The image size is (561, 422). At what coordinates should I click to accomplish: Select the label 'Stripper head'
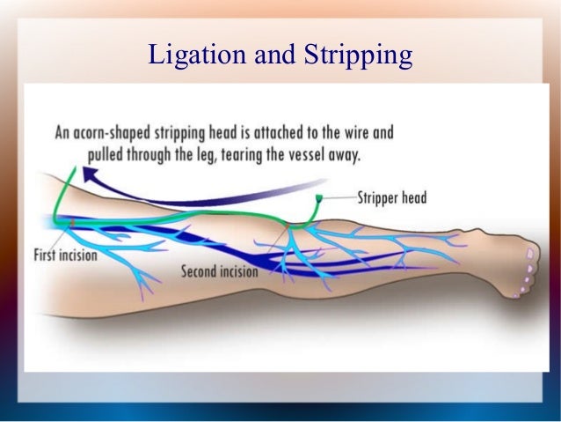[391, 197]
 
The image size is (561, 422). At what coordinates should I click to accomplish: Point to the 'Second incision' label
[220, 272]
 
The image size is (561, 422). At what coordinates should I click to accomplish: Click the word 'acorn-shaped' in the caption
[119, 134]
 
